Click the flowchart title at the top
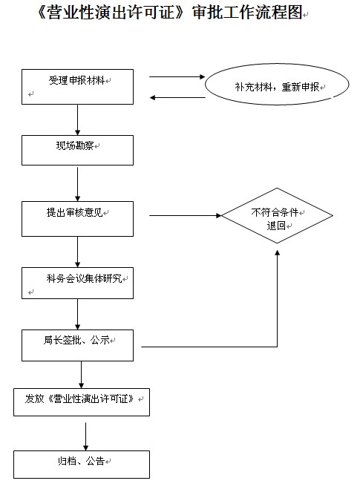click(x=170, y=13)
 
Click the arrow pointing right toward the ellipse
click(x=177, y=76)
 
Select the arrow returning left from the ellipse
click(x=177, y=97)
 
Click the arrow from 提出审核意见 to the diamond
click(x=186, y=216)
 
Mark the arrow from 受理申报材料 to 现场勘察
click(x=77, y=120)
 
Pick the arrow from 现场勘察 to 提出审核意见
click(x=77, y=184)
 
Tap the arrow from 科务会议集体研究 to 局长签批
click(x=77, y=315)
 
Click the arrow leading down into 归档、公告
click(x=85, y=436)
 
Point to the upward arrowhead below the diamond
click(x=278, y=252)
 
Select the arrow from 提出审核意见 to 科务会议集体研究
click(x=77, y=252)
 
